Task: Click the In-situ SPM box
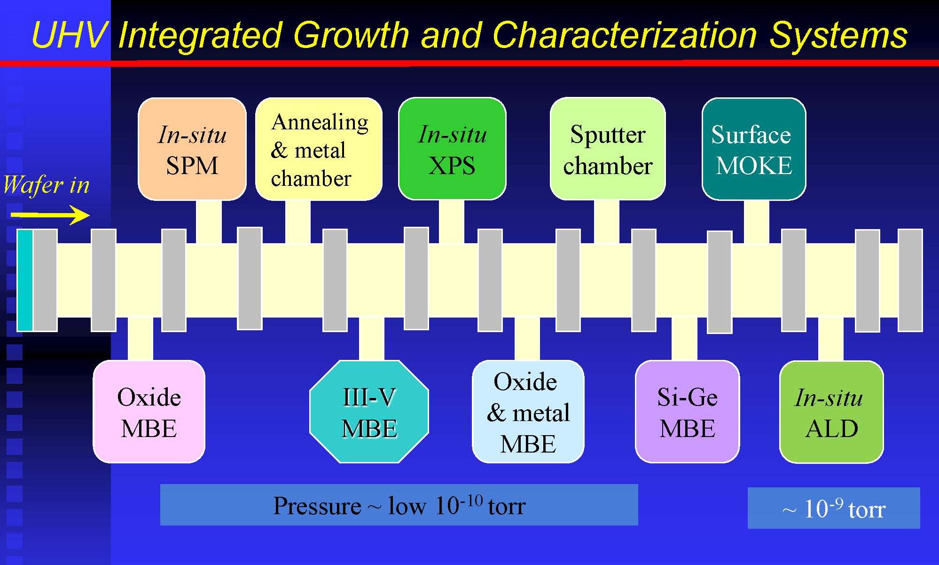tap(192, 149)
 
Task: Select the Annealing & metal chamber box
tap(319, 149)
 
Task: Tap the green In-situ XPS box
tap(452, 149)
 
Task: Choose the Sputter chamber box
tap(608, 149)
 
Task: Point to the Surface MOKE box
tap(754, 149)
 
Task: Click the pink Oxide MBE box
tap(149, 412)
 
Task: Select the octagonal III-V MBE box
tap(369, 412)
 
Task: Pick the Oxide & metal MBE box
tap(528, 412)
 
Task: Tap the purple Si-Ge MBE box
tap(687, 412)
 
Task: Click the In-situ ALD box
tap(831, 412)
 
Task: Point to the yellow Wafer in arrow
tap(50, 215)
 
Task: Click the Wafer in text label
tap(46, 184)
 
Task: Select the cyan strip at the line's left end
tap(25, 280)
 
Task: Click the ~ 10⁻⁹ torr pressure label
tap(834, 509)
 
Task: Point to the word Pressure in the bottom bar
tap(317, 506)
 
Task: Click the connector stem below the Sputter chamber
tap(606, 222)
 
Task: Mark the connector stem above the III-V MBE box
tap(371, 339)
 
